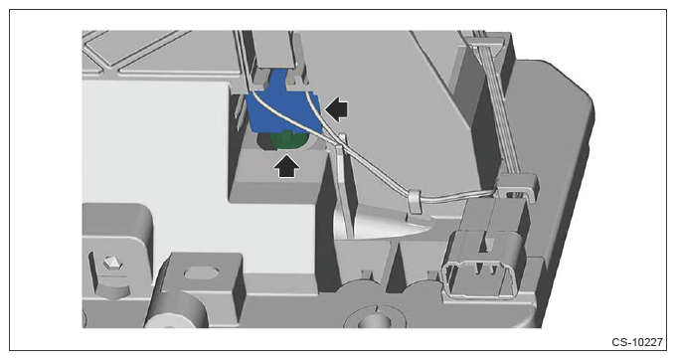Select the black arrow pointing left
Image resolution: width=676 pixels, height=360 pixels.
(336, 108)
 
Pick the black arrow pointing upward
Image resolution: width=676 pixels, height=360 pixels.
(286, 166)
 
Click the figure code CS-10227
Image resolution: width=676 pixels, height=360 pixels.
(637, 342)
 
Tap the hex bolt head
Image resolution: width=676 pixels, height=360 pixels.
(111, 263)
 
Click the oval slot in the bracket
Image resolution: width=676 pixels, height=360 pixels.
(202, 272)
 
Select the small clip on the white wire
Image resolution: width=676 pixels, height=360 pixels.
(415, 201)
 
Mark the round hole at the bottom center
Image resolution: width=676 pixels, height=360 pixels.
(370, 319)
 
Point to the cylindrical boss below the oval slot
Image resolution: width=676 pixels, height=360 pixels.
(177, 311)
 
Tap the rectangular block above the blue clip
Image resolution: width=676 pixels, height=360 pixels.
(273, 49)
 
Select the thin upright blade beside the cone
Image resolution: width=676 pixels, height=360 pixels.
(344, 185)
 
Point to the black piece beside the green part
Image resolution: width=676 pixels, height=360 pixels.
(264, 142)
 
